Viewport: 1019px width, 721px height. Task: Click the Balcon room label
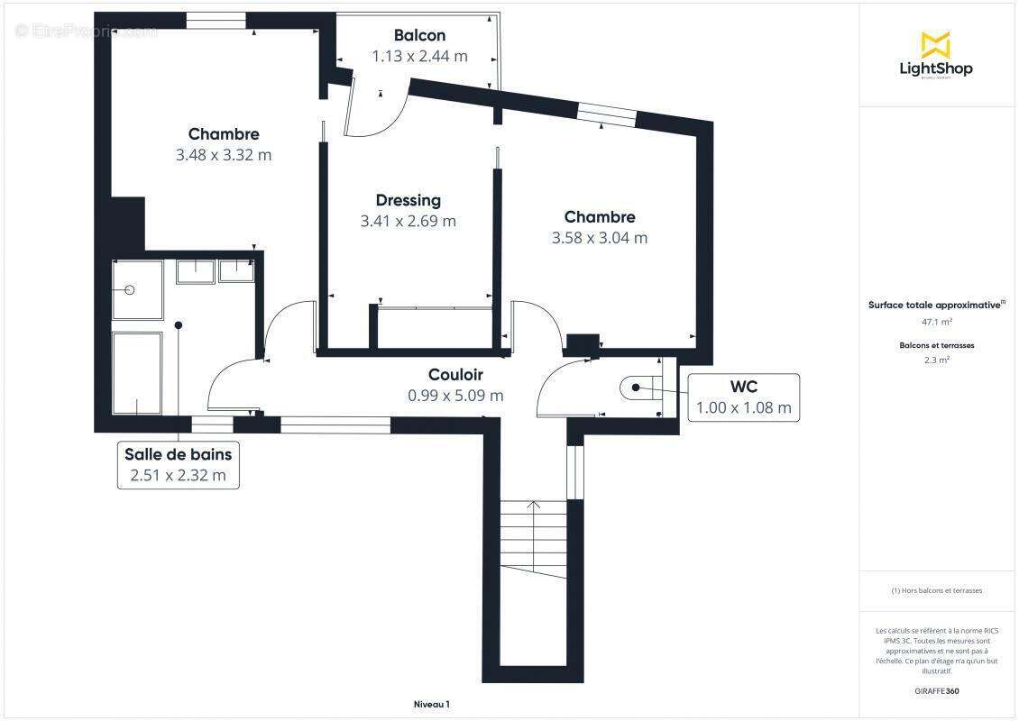(419, 36)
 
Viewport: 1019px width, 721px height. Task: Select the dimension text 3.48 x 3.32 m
(224, 155)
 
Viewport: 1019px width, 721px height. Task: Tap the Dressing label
(408, 200)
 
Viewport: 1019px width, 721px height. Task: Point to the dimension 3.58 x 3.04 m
(599, 238)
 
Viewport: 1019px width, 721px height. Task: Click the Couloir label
(455, 374)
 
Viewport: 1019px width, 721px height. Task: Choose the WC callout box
(743, 397)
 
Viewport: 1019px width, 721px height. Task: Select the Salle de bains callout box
(178, 465)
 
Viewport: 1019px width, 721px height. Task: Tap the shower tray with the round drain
(137, 290)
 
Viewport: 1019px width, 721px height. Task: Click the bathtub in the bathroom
(137, 373)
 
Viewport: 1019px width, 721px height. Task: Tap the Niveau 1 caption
(432, 704)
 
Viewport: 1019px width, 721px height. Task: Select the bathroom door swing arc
(229, 383)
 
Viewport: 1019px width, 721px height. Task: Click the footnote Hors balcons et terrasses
(936, 590)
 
